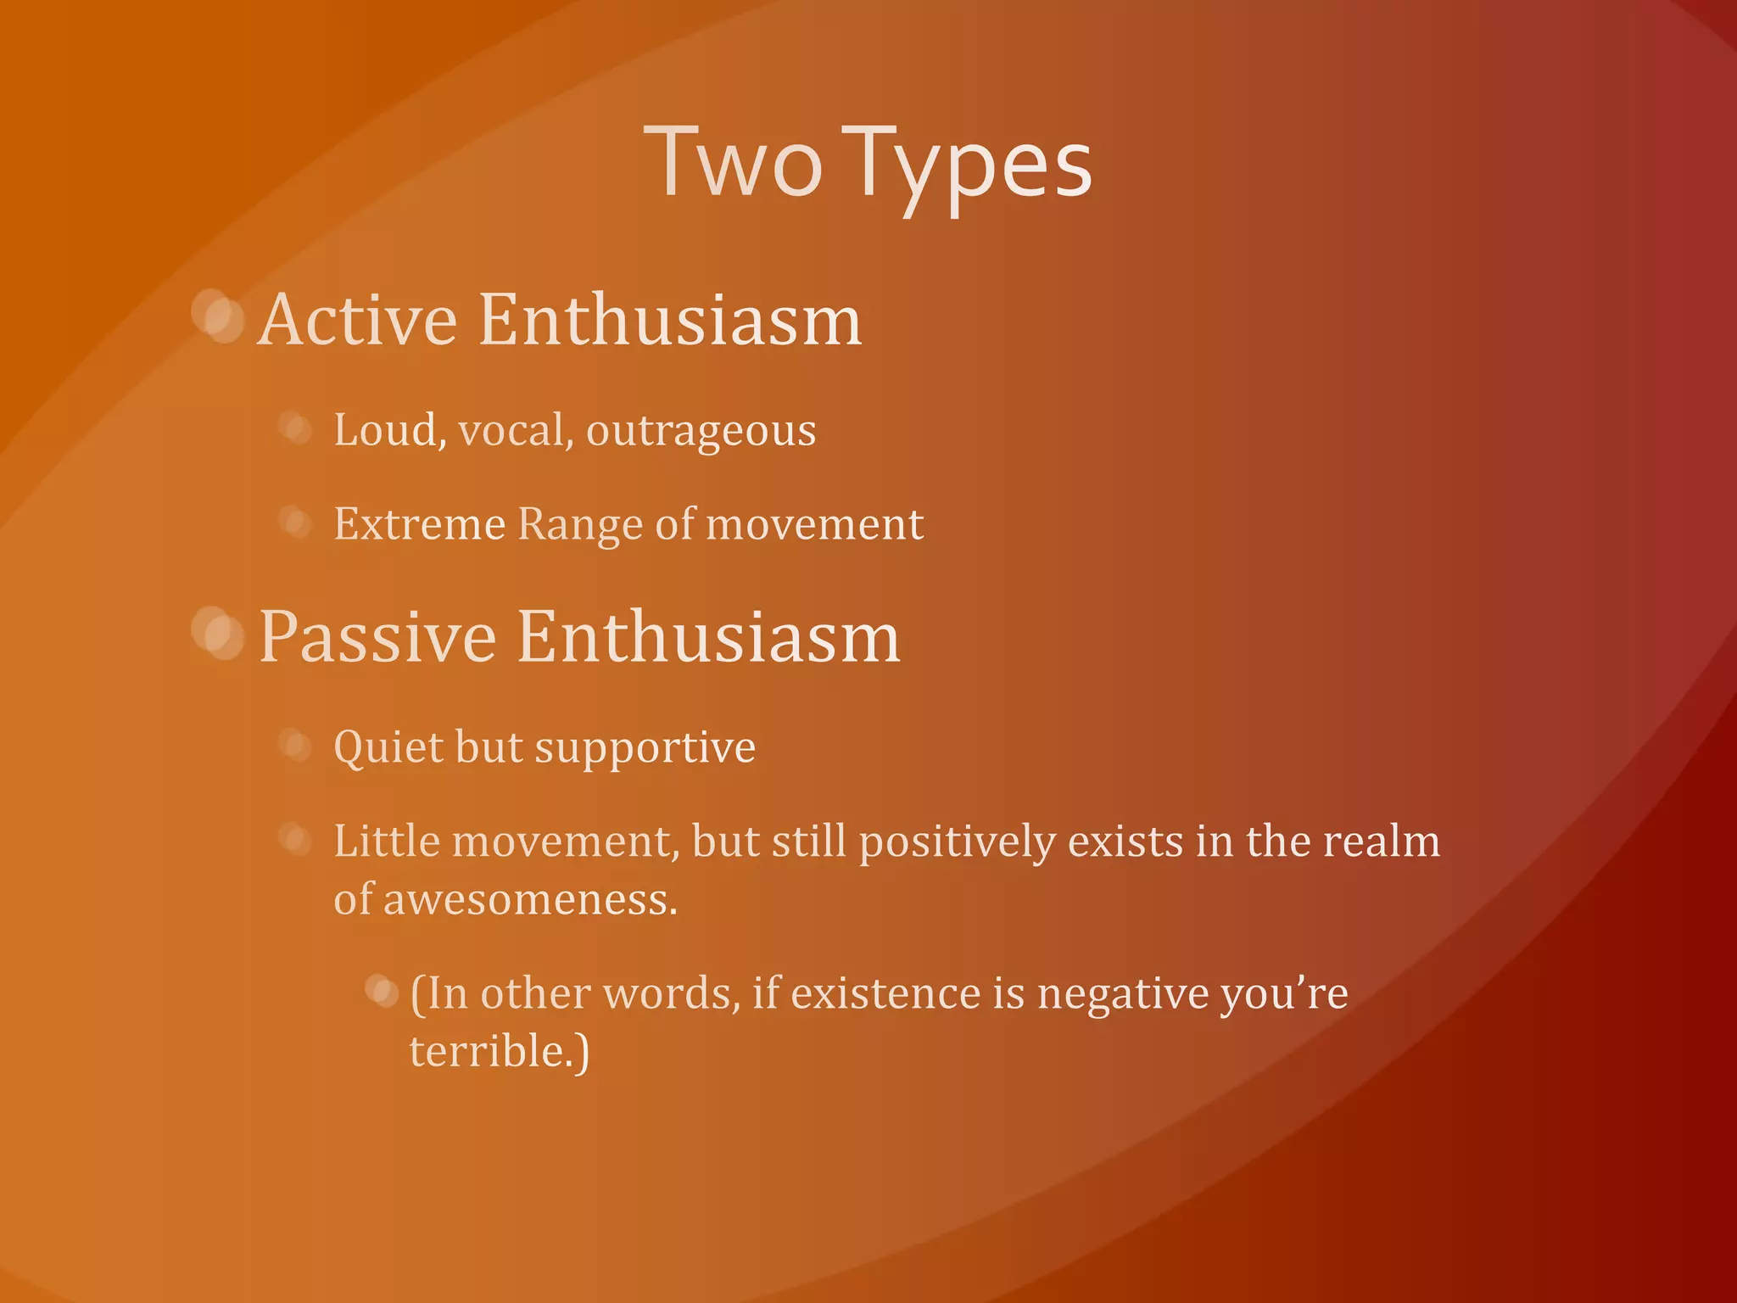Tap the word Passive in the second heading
(377, 637)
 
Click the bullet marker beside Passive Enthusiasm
(218, 634)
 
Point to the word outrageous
(701, 431)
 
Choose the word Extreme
(419, 523)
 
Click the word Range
(579, 525)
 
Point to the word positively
(956, 842)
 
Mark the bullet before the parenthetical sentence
(382, 991)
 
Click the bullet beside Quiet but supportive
(295, 745)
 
